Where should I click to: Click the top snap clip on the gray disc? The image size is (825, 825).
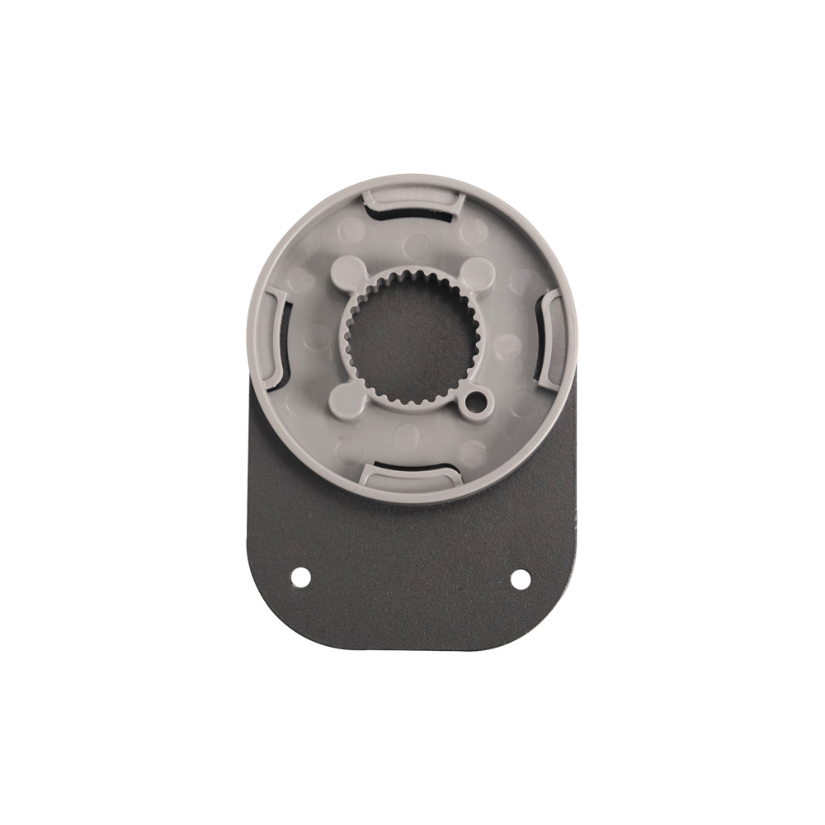coord(410,198)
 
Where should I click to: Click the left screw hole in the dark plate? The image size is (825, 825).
coord(300,573)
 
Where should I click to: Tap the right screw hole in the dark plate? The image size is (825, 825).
coord(519,577)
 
